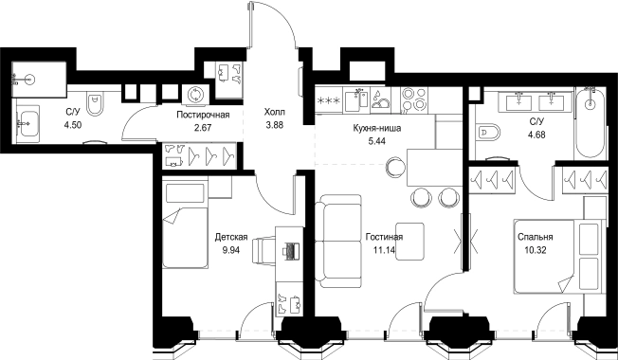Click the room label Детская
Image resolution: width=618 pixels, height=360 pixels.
pyautogui.click(x=231, y=237)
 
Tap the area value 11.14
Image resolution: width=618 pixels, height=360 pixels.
pyautogui.click(x=384, y=249)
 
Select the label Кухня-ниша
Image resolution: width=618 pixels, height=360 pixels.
pyautogui.click(x=377, y=128)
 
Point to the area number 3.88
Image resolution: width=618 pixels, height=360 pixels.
pyautogui.click(x=275, y=125)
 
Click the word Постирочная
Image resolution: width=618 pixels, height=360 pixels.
pyautogui.click(x=203, y=115)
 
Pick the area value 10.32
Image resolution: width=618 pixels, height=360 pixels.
pyautogui.click(x=536, y=250)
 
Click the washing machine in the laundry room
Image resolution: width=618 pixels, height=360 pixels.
pyautogui.click(x=194, y=95)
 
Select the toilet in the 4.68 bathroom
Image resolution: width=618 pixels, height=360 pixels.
pyautogui.click(x=488, y=132)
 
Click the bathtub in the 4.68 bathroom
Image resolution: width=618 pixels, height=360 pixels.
pyautogui.click(x=590, y=123)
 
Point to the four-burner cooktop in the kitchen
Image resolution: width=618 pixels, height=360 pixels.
pyautogui.click(x=414, y=99)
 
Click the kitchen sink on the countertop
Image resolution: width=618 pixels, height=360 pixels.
pyautogui.click(x=356, y=100)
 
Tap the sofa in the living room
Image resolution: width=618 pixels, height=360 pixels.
pyautogui.click(x=338, y=241)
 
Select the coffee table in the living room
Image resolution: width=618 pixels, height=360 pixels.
pyautogui.click(x=410, y=242)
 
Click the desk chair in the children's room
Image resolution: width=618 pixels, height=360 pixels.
pyautogui.click(x=264, y=250)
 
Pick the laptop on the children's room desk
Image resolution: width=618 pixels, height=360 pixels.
pyautogui.click(x=291, y=251)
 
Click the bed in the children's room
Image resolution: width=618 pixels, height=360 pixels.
pyautogui.click(x=185, y=225)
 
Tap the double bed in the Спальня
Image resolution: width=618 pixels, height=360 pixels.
pyautogui.click(x=559, y=257)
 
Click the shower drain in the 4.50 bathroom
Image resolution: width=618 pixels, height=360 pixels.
pyautogui.click(x=28, y=80)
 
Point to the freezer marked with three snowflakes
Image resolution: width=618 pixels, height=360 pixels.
pyautogui.click(x=329, y=100)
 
